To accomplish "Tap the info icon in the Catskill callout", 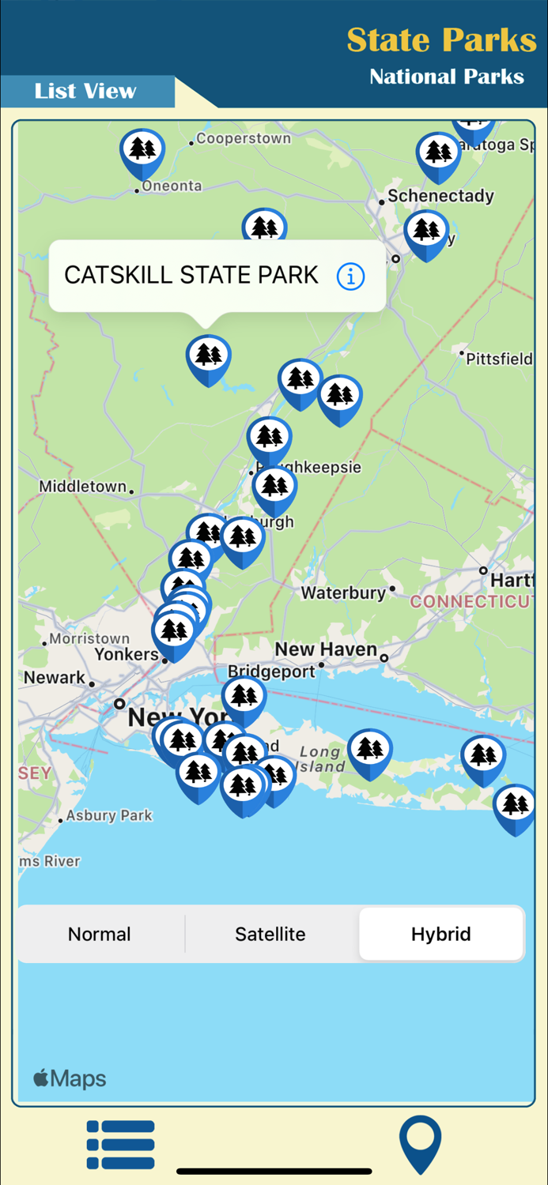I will pyautogui.click(x=350, y=276).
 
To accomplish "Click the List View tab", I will pyautogui.click(x=85, y=92).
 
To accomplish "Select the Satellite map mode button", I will pyautogui.click(x=270, y=934).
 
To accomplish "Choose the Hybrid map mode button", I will pyautogui.click(x=441, y=934).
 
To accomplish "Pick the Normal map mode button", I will pyautogui.click(x=100, y=934).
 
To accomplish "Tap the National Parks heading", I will pyautogui.click(x=447, y=77).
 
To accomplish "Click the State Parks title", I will pyautogui.click(x=441, y=39).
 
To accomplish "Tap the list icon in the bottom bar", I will pyautogui.click(x=120, y=1144).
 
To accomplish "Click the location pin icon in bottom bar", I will pyautogui.click(x=420, y=1144).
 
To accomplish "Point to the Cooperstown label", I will pyautogui.click(x=244, y=138).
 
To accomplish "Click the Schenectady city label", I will pyautogui.click(x=440, y=196).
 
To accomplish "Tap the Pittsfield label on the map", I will pyautogui.click(x=499, y=359).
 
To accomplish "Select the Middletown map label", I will pyautogui.click(x=83, y=487).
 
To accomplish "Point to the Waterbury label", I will pyautogui.click(x=343, y=592).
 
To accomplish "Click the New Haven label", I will pyautogui.click(x=326, y=649).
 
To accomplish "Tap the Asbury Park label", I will pyautogui.click(x=109, y=815).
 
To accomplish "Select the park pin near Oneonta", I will pyautogui.click(x=142, y=150).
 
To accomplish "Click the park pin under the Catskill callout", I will pyautogui.click(x=209, y=357).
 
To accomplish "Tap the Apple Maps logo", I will pyautogui.click(x=70, y=1078).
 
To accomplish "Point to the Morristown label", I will pyautogui.click(x=89, y=638).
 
